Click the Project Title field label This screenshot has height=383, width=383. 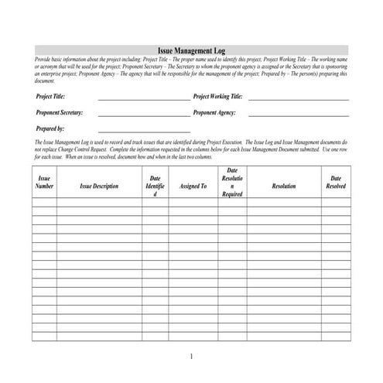coord(50,97)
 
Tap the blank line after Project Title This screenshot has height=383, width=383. coord(144,98)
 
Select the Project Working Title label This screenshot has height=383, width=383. coord(217,97)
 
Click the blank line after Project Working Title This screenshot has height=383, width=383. coord(298,98)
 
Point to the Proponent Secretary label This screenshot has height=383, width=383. coord(60,112)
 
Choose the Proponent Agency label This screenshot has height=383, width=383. coord(214,112)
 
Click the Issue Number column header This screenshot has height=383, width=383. coord(45,183)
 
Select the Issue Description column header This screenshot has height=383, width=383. coord(99,186)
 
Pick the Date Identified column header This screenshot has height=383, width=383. coord(155,186)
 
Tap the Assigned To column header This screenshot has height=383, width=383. coord(193,186)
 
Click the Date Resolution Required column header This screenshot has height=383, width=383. coord(232,183)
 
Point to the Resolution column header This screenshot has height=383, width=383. coord(284,186)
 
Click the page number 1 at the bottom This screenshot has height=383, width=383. coord(190,356)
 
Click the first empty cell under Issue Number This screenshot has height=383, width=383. coord(45,203)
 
